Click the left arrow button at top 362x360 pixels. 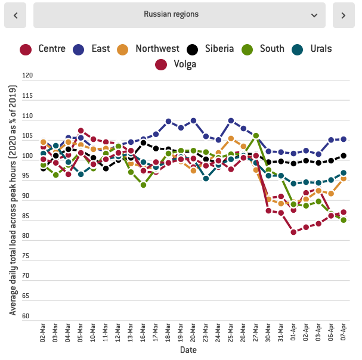15,15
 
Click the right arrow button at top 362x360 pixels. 344,15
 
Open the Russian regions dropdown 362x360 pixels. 179,15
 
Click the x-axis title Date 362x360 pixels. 188,350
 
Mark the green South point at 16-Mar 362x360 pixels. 143,185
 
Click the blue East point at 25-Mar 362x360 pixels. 231,121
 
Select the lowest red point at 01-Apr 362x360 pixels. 293,232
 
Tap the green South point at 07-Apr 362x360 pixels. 344,220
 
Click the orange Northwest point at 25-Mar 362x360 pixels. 231,139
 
